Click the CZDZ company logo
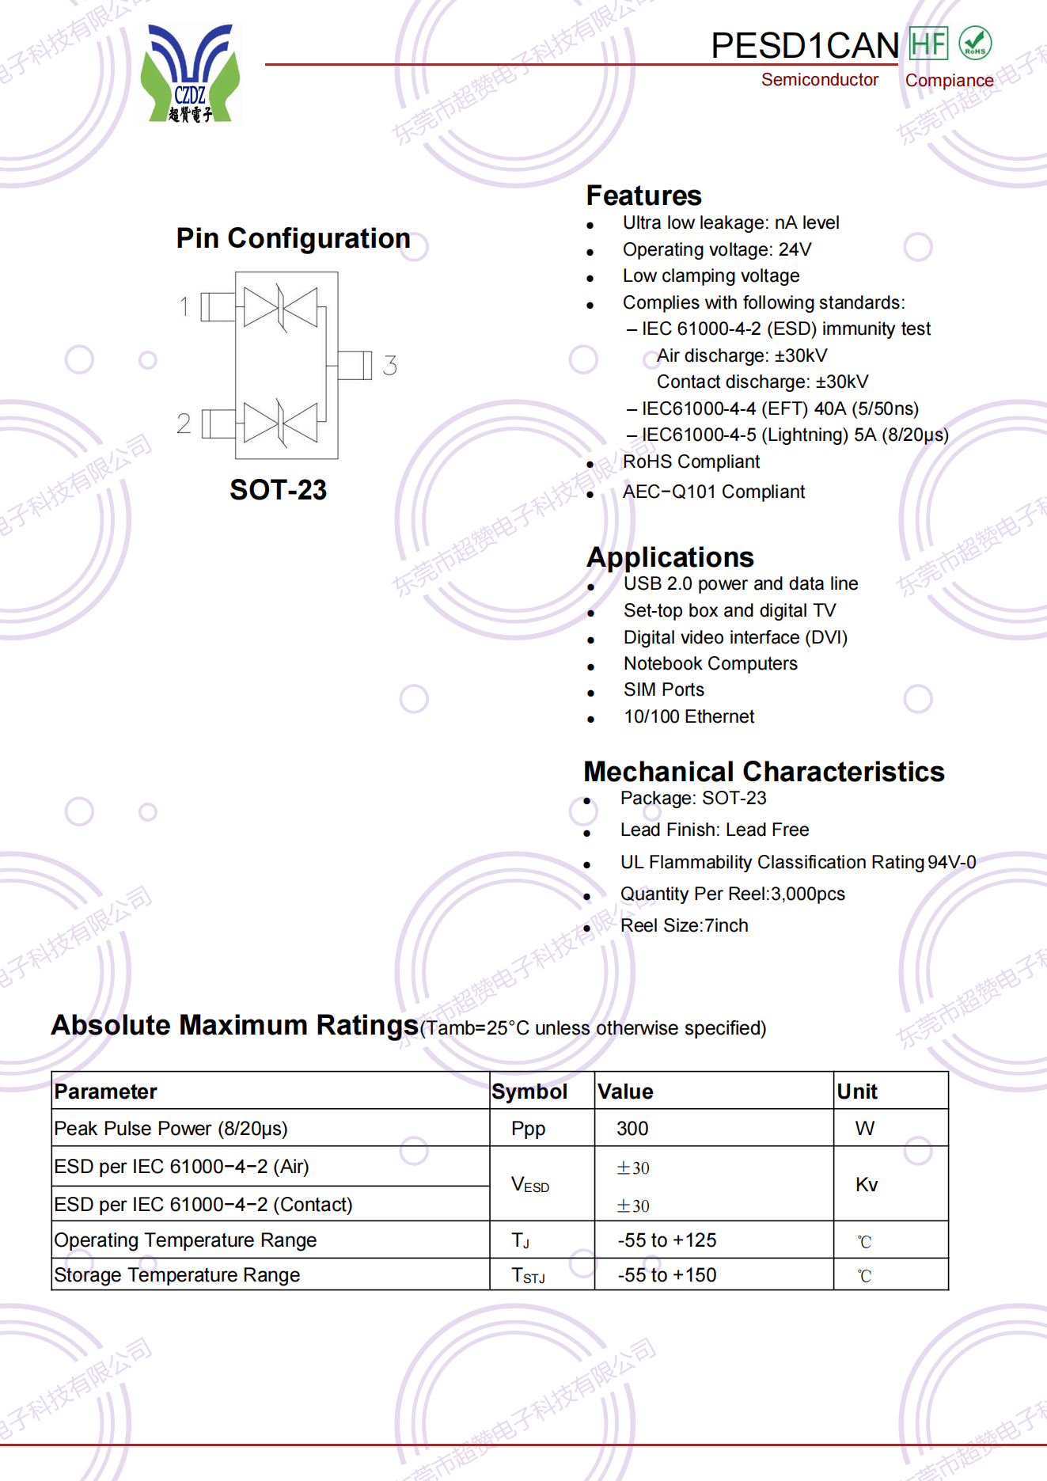[190, 74]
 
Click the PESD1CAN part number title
[804, 46]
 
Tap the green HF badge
[928, 44]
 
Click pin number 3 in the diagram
[389, 366]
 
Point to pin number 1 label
[184, 306]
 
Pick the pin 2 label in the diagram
[184, 423]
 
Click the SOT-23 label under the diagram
[278, 490]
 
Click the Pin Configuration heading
[293, 238]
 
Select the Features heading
[643, 196]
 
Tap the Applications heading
[670, 557]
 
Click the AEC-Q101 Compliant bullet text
[713, 492]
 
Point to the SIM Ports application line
[663, 689]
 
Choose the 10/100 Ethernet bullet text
[689, 716]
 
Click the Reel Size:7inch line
[684, 925]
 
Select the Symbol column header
[529, 1092]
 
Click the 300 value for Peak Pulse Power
[632, 1129]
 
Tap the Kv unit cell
[867, 1184]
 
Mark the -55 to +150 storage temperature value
[667, 1275]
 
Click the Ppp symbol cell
[528, 1129]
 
